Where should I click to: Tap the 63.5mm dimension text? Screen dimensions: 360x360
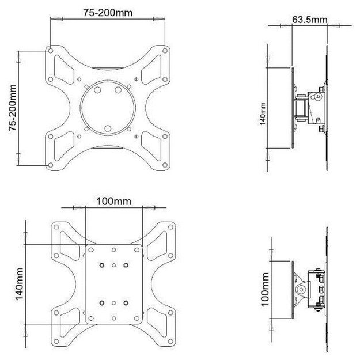(309, 20)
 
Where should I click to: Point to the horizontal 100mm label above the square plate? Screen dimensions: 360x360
(113, 202)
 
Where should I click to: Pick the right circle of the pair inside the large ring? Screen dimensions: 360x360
(117, 90)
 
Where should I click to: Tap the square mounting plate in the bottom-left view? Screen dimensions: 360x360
(113, 285)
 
